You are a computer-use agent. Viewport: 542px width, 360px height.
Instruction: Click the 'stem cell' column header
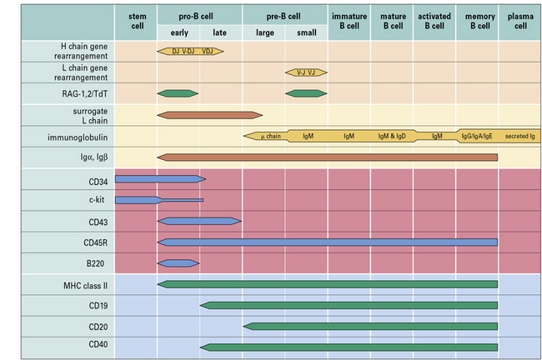click(x=136, y=21)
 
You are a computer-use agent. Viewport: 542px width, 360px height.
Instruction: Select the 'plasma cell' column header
click(x=520, y=21)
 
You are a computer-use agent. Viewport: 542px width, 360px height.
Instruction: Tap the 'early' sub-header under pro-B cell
click(x=178, y=32)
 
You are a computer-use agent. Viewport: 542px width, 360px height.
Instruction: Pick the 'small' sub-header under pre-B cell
click(x=306, y=32)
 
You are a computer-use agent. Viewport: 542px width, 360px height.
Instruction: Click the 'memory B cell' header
click(x=477, y=21)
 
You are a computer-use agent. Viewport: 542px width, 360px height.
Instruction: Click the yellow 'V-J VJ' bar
click(x=306, y=72)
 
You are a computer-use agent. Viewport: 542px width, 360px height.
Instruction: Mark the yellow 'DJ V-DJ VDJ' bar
click(x=190, y=51)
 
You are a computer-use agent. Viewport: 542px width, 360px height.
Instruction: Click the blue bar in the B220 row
click(x=178, y=263)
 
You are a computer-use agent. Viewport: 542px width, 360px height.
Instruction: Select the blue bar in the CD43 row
click(x=199, y=221)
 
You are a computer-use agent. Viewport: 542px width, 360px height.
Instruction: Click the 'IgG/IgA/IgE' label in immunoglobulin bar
click(x=477, y=135)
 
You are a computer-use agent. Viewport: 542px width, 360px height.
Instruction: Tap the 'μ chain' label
click(x=268, y=135)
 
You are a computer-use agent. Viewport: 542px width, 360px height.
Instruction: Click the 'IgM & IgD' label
click(x=392, y=135)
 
